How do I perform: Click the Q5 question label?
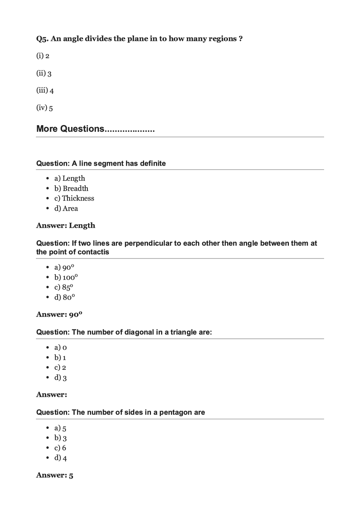tap(42, 39)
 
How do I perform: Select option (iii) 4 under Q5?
tap(45, 90)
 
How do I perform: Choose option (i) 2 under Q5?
tap(43, 56)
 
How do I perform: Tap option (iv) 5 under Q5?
tap(45, 108)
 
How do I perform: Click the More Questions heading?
tap(95, 129)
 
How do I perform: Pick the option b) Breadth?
tap(71, 188)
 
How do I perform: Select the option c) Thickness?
tap(74, 198)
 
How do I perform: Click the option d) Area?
tap(66, 209)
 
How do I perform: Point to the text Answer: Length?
tap(66, 226)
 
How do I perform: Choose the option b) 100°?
tap(66, 278)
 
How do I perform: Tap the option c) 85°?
tap(64, 287)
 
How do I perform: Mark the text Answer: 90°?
tap(59, 315)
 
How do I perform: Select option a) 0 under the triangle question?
tap(61, 348)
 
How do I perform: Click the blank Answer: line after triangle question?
tap(52, 395)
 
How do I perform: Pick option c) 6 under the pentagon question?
tap(60, 448)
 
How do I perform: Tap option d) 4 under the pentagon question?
tap(61, 458)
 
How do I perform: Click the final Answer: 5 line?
tap(55, 475)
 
